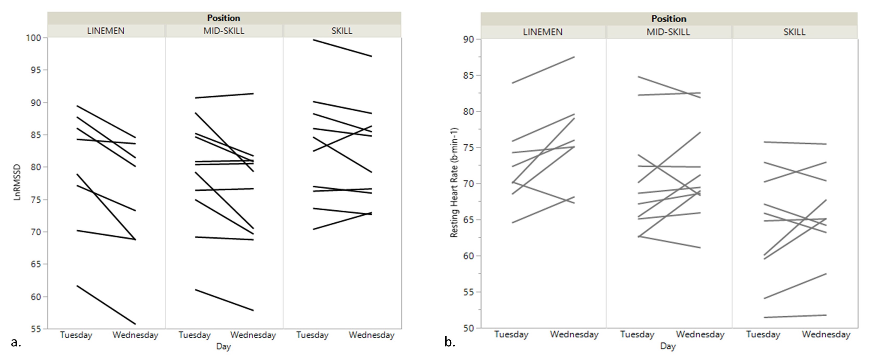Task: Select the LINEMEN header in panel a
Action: pos(106,31)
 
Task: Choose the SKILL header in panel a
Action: pos(342,31)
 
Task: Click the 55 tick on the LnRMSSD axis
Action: pos(35,329)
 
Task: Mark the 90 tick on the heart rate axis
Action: pos(469,39)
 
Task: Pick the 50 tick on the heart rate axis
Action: pos(469,328)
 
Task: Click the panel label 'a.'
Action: pos(16,342)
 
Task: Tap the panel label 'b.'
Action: pos(450,342)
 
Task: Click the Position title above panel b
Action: pos(669,19)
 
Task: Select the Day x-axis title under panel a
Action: pos(223,346)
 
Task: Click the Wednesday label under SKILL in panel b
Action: pos(826,335)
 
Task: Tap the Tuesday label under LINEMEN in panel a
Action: pos(76,335)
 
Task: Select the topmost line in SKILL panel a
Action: pos(342,48)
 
